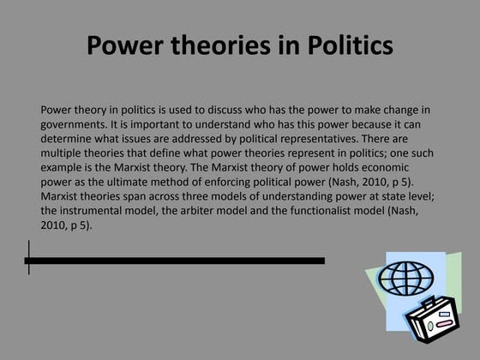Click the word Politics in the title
coord(345,45)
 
